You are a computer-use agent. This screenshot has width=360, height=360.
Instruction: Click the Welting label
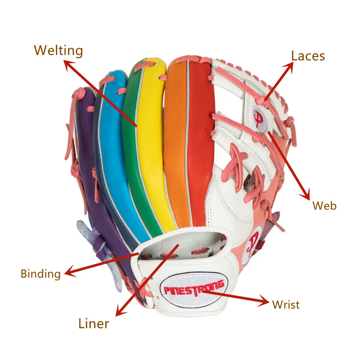click(58, 50)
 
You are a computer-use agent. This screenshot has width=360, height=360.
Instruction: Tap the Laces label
click(308, 56)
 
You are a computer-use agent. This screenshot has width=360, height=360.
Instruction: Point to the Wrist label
click(286, 305)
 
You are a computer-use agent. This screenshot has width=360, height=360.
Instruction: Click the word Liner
click(94, 323)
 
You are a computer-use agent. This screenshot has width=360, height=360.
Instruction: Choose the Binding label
click(40, 274)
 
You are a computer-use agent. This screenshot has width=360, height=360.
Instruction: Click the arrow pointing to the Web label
click(288, 166)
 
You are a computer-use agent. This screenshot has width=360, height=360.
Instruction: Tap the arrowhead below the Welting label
click(68, 64)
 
